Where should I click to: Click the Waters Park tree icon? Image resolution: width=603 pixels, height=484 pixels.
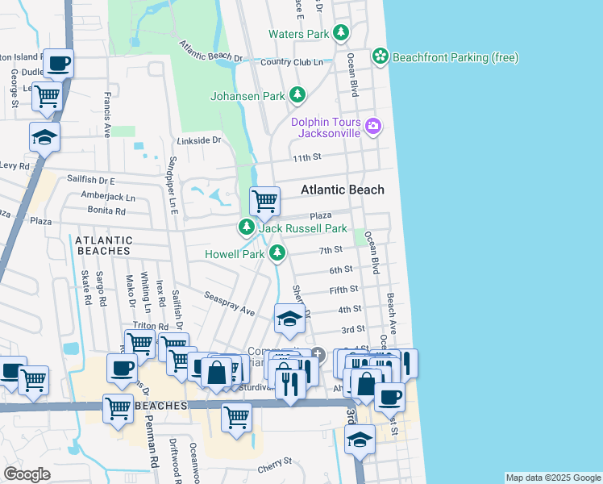pyautogui.click(x=342, y=33)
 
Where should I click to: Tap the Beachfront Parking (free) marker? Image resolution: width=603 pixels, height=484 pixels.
pyautogui.click(x=381, y=56)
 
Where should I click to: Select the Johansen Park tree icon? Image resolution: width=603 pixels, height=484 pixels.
pyautogui.click(x=297, y=95)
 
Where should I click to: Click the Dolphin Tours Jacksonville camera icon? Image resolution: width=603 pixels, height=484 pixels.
pyautogui.click(x=372, y=125)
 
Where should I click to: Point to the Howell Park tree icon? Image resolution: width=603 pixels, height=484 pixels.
pyautogui.click(x=277, y=254)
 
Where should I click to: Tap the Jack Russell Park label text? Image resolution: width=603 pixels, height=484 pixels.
pyautogui.click(x=302, y=229)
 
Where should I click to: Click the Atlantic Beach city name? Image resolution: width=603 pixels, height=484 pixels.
pyautogui.click(x=343, y=190)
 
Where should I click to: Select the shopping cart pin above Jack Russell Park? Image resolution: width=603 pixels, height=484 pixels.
pyautogui.click(x=264, y=201)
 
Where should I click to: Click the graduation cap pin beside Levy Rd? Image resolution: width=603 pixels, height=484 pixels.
pyautogui.click(x=45, y=137)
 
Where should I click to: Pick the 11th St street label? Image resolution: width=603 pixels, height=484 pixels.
pyautogui.click(x=307, y=157)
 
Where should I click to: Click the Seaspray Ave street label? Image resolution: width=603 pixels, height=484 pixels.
pyautogui.click(x=229, y=303)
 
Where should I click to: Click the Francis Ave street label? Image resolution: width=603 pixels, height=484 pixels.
pyautogui.click(x=106, y=115)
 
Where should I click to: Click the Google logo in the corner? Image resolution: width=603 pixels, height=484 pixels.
pyautogui.click(x=27, y=474)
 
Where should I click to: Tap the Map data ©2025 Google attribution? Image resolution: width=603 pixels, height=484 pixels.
pyautogui.click(x=552, y=478)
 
